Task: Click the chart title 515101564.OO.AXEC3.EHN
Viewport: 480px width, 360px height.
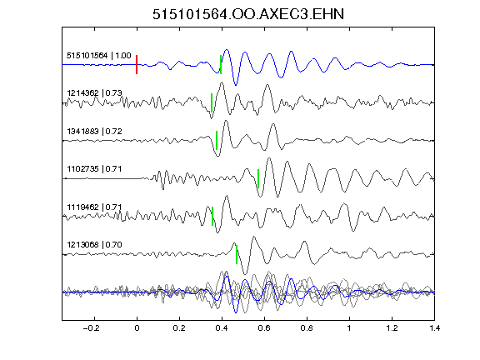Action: [x=248, y=14]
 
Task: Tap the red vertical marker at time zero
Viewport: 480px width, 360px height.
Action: [x=137, y=65]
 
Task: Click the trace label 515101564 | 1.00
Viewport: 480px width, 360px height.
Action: [x=99, y=56]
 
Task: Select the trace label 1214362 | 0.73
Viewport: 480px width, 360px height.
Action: [x=94, y=92]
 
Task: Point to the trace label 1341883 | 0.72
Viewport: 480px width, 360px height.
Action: [x=94, y=132]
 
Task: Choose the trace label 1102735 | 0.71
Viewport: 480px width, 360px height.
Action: [x=94, y=169]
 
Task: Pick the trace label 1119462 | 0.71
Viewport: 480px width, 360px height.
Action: [x=94, y=207]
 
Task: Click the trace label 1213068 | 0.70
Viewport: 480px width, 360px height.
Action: [x=94, y=245]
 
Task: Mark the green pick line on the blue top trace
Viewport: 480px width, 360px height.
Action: [x=221, y=65]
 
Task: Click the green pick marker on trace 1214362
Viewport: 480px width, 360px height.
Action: [x=212, y=102]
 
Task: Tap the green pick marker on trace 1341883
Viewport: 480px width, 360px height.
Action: [x=217, y=141]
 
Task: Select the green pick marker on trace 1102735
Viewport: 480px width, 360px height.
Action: [x=258, y=178]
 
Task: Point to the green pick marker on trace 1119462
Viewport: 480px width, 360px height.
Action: [x=212, y=217]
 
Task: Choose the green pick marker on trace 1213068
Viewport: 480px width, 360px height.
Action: [x=237, y=254]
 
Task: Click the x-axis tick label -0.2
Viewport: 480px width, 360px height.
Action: [x=91, y=328]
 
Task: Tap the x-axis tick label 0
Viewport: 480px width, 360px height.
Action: [x=137, y=328]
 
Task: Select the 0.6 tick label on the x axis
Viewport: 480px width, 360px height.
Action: [x=264, y=328]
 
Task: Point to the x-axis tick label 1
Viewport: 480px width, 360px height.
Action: [x=349, y=328]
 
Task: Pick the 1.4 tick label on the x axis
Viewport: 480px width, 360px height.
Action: [x=434, y=328]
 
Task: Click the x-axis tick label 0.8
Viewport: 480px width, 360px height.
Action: [x=307, y=328]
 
